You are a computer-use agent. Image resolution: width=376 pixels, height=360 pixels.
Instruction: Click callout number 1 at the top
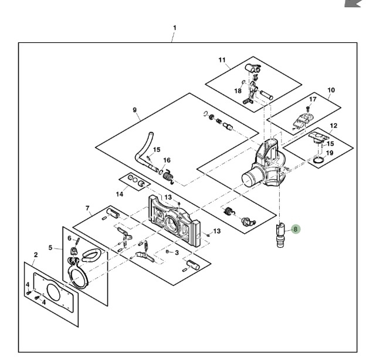(x=174, y=28)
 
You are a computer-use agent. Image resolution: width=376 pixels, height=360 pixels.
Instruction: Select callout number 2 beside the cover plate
(x=36, y=254)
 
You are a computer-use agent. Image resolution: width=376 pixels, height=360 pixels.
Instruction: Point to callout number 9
(x=134, y=110)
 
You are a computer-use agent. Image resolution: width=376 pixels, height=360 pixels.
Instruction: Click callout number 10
(x=331, y=90)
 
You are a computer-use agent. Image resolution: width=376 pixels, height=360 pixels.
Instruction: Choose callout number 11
(x=222, y=60)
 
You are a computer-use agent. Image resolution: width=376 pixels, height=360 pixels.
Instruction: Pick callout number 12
(x=333, y=126)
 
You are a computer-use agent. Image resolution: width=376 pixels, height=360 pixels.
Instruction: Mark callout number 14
(x=119, y=193)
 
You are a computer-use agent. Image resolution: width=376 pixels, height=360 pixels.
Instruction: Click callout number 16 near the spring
(x=167, y=160)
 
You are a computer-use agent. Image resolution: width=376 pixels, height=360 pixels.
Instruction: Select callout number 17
(x=313, y=99)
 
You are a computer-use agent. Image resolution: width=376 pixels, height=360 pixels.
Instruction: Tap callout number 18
(x=238, y=91)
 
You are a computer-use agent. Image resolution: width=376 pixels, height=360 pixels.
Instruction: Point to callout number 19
(x=330, y=153)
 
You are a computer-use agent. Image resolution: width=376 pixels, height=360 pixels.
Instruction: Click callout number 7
(x=87, y=208)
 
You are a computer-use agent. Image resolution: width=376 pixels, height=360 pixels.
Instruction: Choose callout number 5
(x=50, y=247)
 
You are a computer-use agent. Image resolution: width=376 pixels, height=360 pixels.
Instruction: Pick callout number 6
(x=69, y=238)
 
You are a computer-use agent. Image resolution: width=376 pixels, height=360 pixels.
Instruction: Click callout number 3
(x=177, y=252)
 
